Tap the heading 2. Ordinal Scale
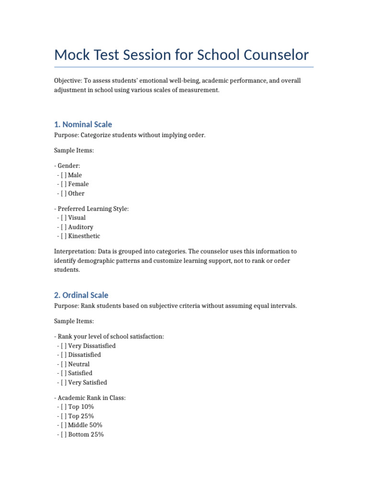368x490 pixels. pos(81,295)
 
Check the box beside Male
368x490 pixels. pos(64,175)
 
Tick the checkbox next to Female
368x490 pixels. pos(64,184)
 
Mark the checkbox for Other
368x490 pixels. pos(64,193)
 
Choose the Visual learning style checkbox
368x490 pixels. pos(64,218)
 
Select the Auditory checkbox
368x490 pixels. pos(64,227)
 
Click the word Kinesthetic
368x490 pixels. pos(84,236)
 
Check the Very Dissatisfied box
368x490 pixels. pos(64,345)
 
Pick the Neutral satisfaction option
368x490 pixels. pos(64,364)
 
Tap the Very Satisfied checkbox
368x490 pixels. pos(64,382)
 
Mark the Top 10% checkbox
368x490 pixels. pos(64,407)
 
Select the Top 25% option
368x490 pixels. pos(64,416)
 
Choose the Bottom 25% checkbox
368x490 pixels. pos(64,434)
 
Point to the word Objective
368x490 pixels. pos(68,81)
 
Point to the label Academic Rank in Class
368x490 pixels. pos(91,398)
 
